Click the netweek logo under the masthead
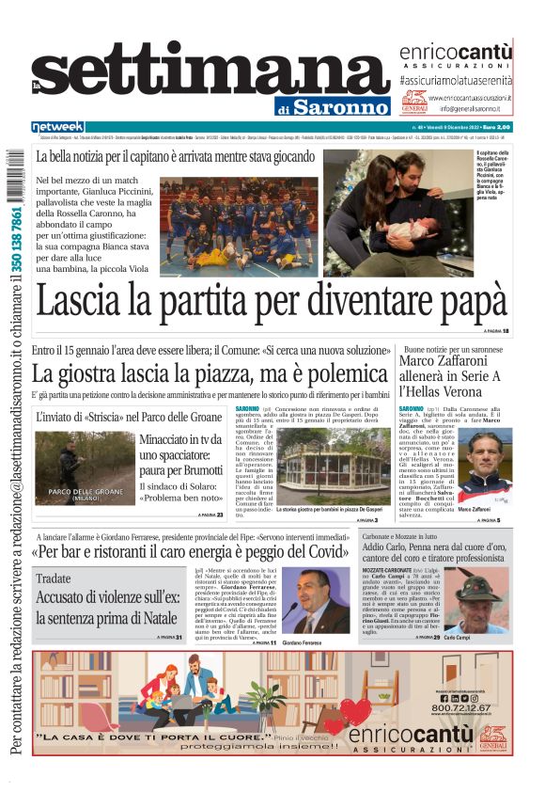point(57,126)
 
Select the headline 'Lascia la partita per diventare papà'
point(271,301)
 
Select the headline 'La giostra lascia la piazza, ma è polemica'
point(210,372)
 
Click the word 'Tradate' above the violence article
point(53,578)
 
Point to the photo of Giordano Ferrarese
point(319,601)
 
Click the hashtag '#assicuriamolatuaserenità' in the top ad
point(455,82)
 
